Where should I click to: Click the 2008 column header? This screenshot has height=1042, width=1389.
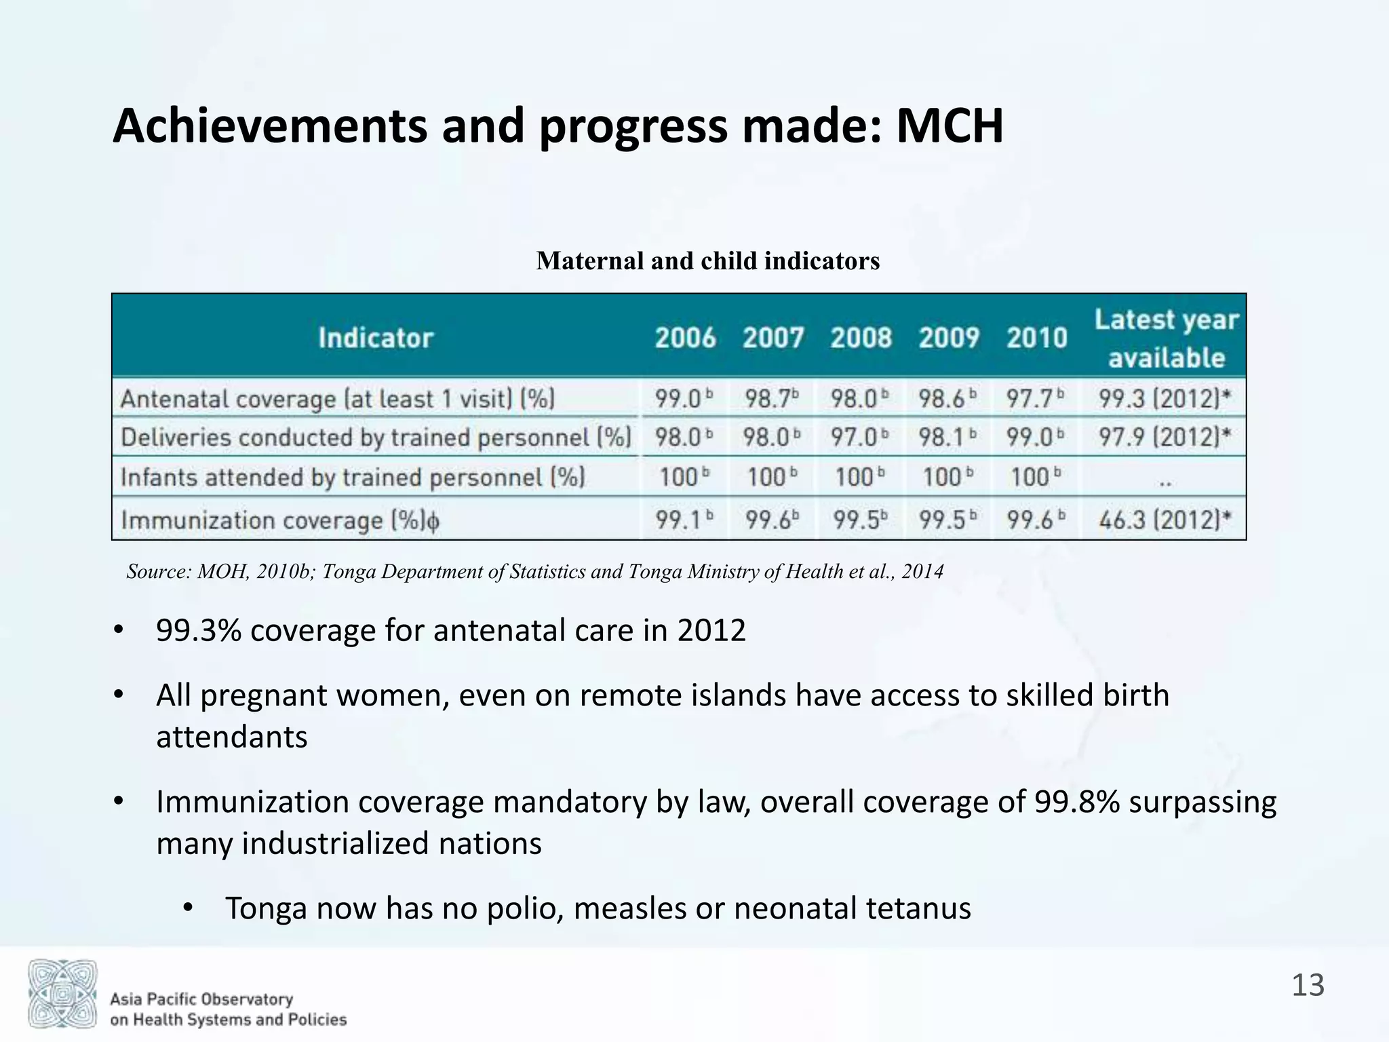tap(861, 337)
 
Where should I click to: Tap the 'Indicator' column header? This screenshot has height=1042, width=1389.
tap(376, 337)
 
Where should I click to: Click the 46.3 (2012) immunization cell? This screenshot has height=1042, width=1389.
tap(1165, 520)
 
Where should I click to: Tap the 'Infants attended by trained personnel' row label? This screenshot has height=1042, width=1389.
tap(353, 478)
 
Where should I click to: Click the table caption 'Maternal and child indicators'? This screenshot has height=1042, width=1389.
tap(707, 261)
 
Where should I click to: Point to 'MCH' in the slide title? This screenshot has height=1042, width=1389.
tap(949, 126)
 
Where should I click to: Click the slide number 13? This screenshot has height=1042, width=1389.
tap(1308, 985)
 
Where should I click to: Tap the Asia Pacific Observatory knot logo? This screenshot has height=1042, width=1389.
tap(62, 993)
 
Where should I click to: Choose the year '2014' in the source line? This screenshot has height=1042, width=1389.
tap(922, 572)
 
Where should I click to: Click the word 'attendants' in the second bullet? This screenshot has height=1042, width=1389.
tap(231, 737)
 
